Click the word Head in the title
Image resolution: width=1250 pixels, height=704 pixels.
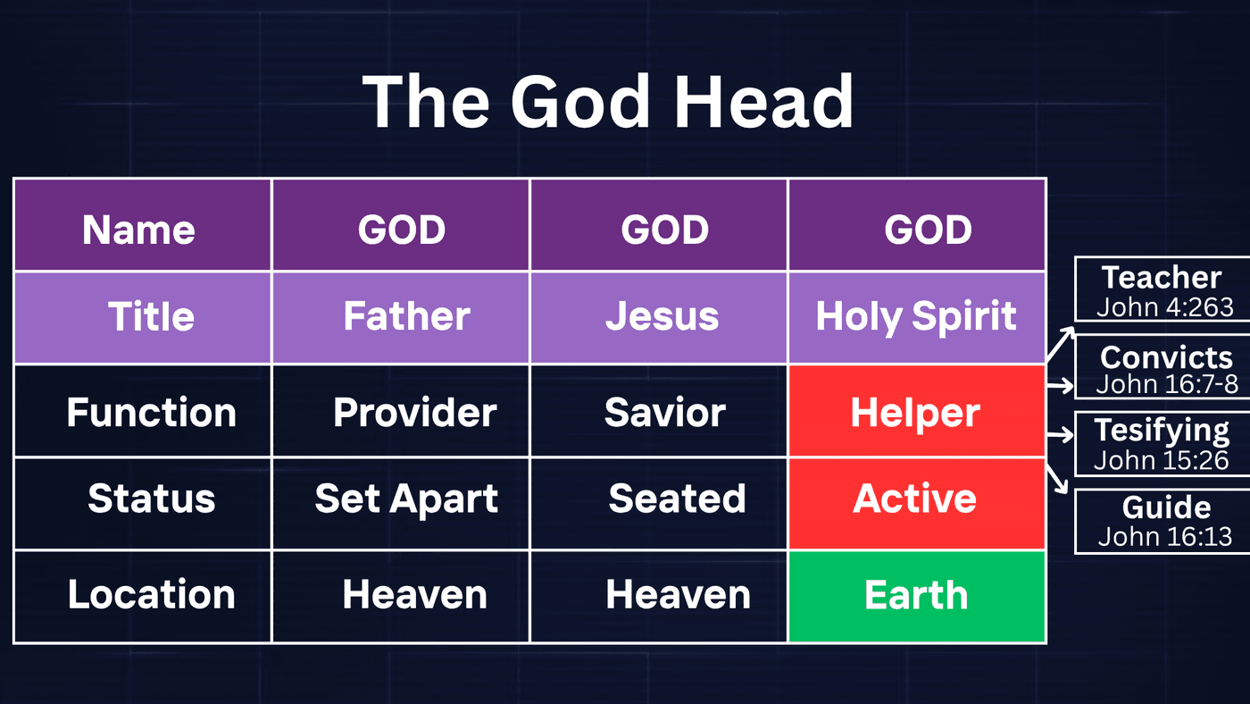(762, 102)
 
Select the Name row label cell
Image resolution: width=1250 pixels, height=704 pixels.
(143, 225)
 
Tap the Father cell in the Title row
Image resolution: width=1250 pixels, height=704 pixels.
(401, 318)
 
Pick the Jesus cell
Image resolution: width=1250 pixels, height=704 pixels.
(659, 318)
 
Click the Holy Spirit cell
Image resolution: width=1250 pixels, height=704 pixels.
(917, 318)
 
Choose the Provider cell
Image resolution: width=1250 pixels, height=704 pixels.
(401, 411)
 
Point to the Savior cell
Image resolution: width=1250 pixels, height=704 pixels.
(659, 411)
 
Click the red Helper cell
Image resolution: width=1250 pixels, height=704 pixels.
(917, 411)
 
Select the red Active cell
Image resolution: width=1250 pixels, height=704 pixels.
(917, 504)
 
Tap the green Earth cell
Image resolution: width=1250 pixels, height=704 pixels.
(917, 597)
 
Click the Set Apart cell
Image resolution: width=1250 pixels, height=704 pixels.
(401, 504)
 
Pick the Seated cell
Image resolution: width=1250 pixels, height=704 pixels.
(659, 504)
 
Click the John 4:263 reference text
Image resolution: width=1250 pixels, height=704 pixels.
(1165, 307)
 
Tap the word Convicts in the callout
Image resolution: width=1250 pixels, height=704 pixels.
(1166, 357)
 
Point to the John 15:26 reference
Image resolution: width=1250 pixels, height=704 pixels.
(1162, 460)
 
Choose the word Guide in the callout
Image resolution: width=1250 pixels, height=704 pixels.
(1167, 507)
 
